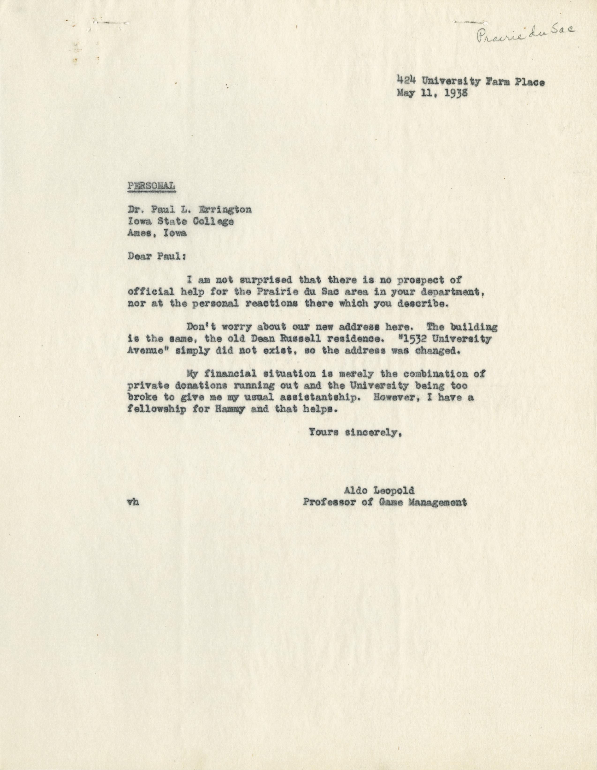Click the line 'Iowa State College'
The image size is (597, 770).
tap(180, 221)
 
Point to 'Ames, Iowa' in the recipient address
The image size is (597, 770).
tap(157, 233)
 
